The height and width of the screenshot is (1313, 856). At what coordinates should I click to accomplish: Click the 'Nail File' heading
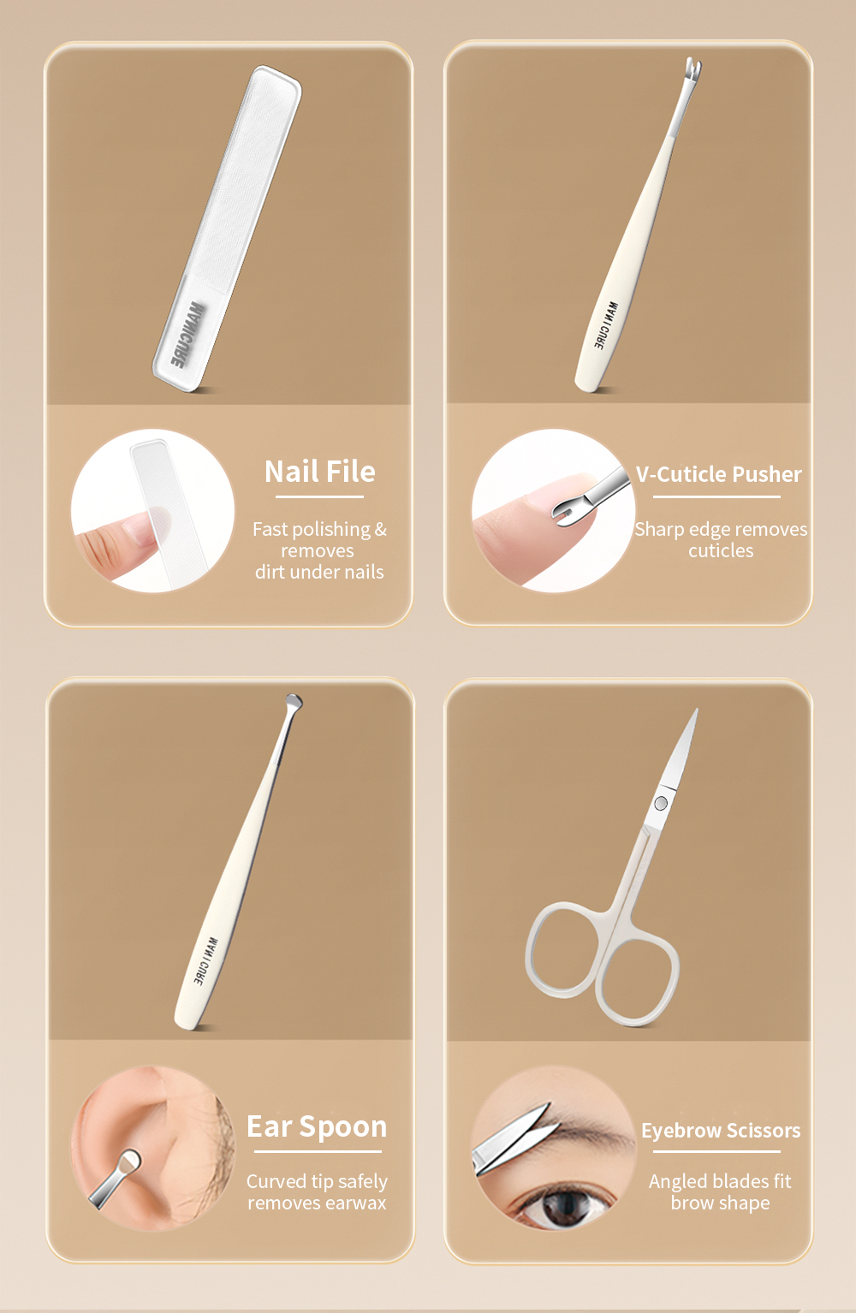pos(319,472)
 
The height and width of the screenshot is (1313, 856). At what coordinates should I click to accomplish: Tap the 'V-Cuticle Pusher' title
pos(718,474)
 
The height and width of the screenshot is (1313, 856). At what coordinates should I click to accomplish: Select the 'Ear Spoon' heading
pos(317,1127)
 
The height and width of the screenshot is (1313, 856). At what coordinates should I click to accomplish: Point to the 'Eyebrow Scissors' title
pos(721,1130)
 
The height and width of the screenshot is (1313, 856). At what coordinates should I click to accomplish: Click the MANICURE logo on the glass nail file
pos(187,335)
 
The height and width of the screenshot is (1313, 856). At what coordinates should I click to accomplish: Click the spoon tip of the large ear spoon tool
pos(294,701)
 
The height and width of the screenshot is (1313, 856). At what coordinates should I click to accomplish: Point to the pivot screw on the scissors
pos(660,803)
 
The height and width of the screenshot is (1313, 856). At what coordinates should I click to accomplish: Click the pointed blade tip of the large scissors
pos(696,711)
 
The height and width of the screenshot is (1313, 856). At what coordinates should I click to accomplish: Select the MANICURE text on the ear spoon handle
pos(205,961)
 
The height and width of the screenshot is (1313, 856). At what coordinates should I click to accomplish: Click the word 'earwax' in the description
pos(355,1203)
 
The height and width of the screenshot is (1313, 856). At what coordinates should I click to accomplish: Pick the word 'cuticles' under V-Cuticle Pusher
pos(721,551)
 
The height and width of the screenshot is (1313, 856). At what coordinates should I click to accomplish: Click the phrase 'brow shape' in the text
pos(720,1203)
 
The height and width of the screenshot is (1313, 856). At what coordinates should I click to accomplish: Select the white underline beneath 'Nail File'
pos(319,497)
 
